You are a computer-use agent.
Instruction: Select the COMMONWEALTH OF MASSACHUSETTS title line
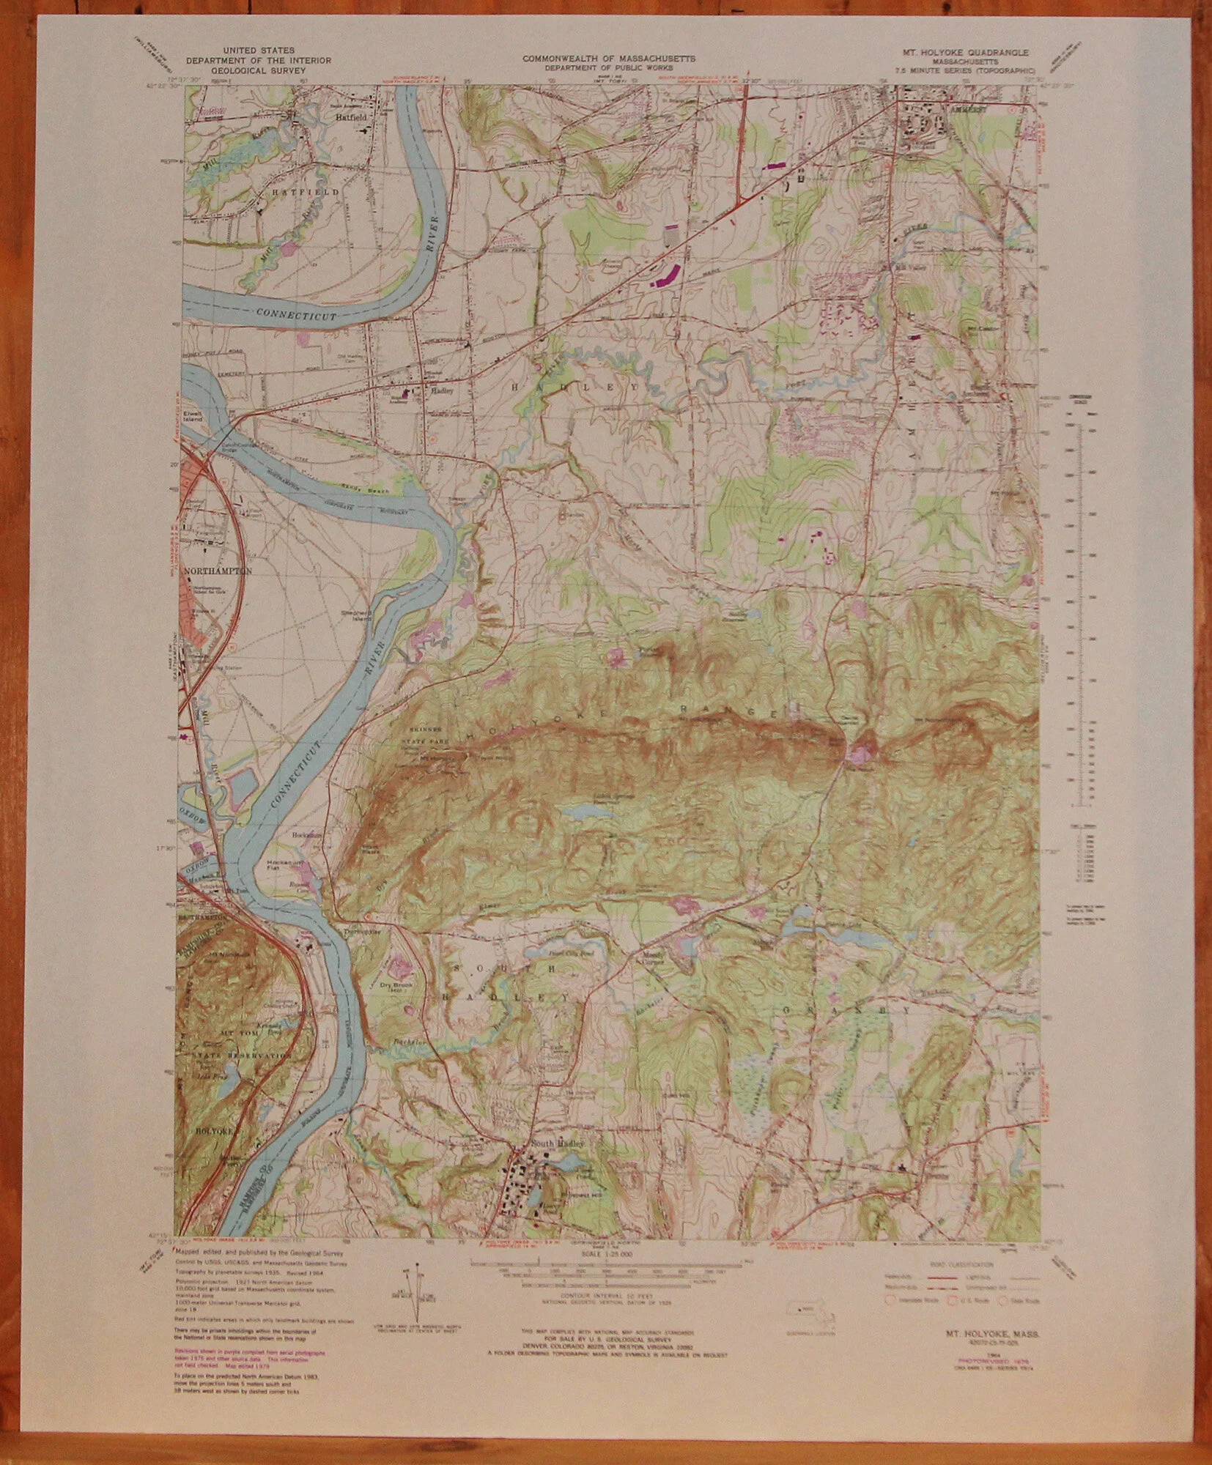coord(609,57)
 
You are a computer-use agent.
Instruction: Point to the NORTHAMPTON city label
coord(218,571)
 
